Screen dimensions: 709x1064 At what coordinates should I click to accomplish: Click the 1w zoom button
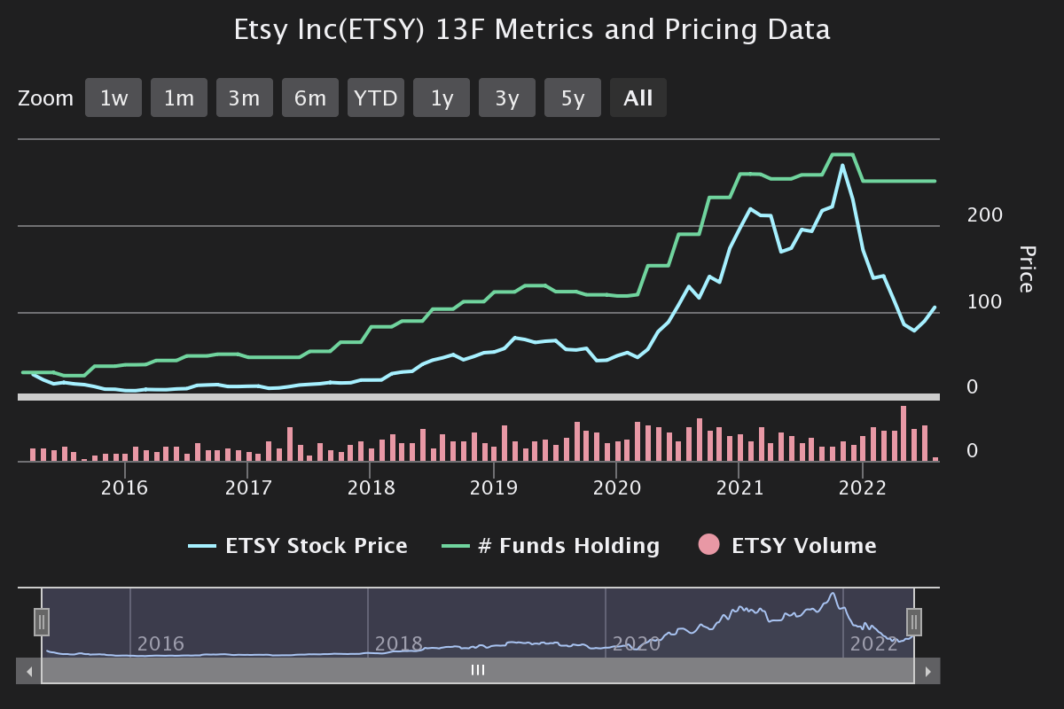[113, 97]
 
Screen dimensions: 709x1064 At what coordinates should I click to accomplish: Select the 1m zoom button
[179, 97]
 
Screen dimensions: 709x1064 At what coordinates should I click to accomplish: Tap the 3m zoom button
[245, 97]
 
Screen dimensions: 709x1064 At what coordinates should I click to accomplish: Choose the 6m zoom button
[310, 97]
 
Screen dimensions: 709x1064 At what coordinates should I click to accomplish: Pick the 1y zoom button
[442, 97]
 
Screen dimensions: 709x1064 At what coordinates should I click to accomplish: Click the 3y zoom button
[507, 97]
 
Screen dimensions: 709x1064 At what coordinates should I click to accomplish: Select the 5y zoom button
[573, 97]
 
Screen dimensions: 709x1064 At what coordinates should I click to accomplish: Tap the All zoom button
[638, 97]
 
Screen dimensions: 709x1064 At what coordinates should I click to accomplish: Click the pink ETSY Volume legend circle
[709, 546]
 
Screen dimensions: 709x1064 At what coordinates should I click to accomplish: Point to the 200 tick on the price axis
[985, 215]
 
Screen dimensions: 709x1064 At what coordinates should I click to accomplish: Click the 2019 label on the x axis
[494, 487]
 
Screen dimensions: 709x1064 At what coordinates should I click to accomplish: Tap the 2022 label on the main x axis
[863, 487]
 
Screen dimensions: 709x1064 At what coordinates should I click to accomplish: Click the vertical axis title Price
[1026, 269]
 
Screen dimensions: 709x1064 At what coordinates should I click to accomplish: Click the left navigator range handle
[42, 622]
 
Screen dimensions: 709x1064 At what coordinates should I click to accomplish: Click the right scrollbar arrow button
[927, 671]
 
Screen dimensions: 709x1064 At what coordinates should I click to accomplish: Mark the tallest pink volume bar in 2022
[904, 433]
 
